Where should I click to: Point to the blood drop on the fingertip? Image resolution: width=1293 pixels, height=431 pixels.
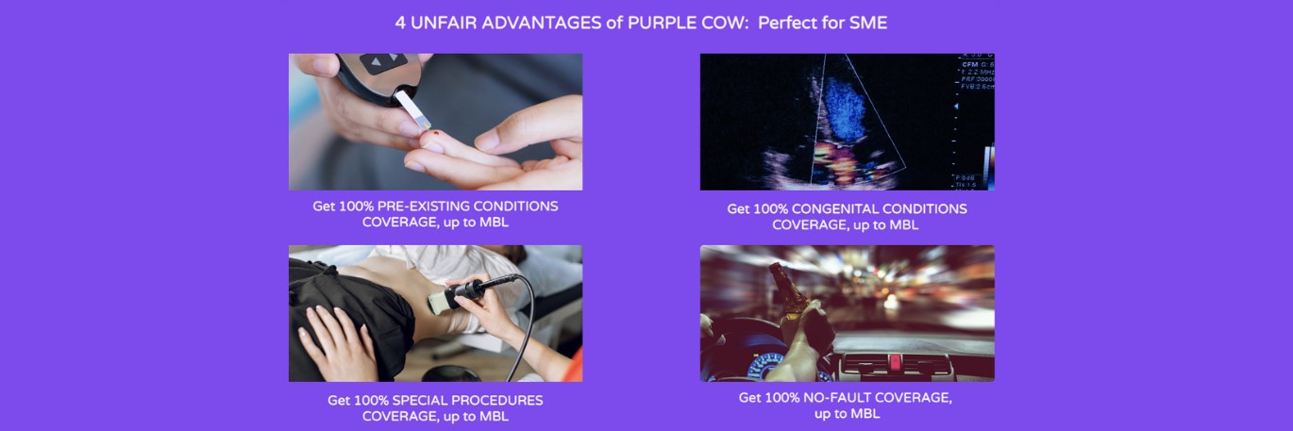coord(435,134)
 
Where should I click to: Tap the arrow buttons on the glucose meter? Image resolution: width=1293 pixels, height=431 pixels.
coord(383,61)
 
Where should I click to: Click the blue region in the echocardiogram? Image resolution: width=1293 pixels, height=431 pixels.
coord(843,107)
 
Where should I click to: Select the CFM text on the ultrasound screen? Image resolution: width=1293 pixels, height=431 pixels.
coord(970,65)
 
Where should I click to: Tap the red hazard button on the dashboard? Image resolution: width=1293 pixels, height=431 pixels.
coord(894,363)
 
